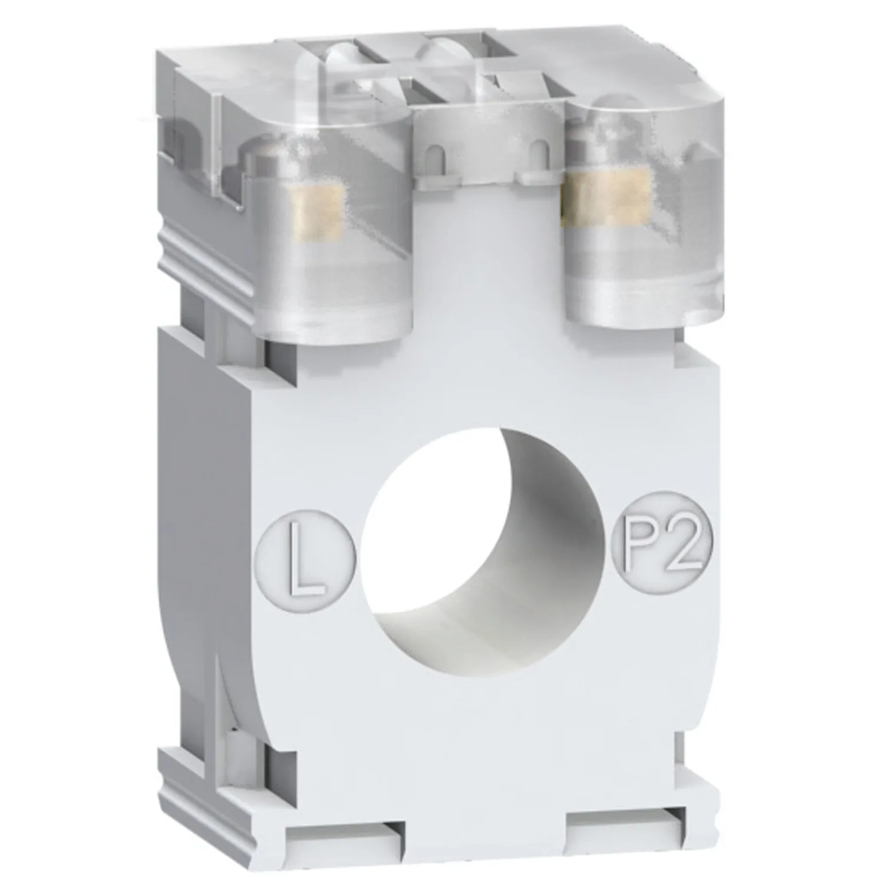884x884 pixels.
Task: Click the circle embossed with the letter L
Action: (x=306, y=558)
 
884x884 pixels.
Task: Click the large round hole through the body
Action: (x=483, y=542)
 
